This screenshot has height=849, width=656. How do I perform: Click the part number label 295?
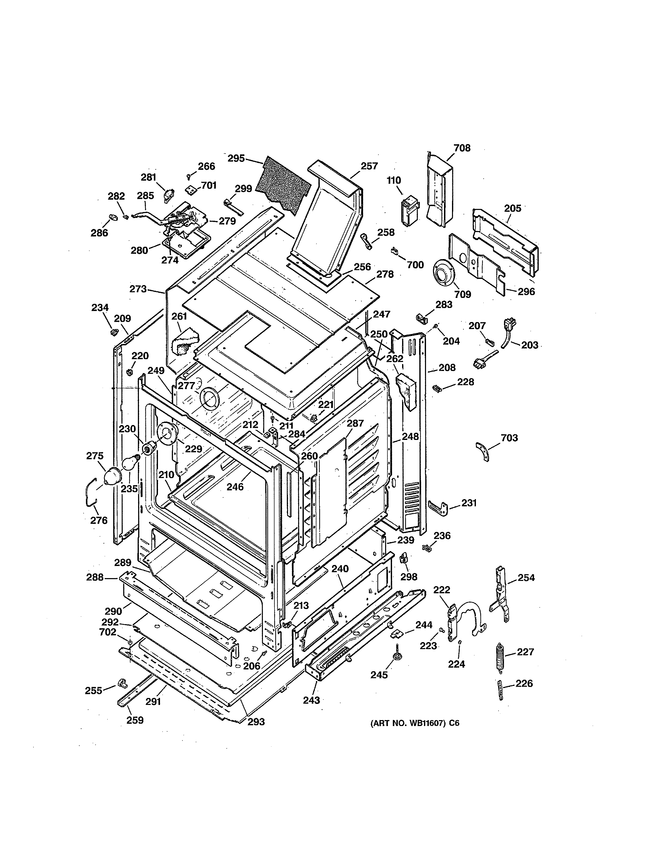point(236,158)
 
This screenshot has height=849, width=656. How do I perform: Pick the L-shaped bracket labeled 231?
point(439,508)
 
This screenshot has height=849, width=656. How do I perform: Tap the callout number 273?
point(138,289)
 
